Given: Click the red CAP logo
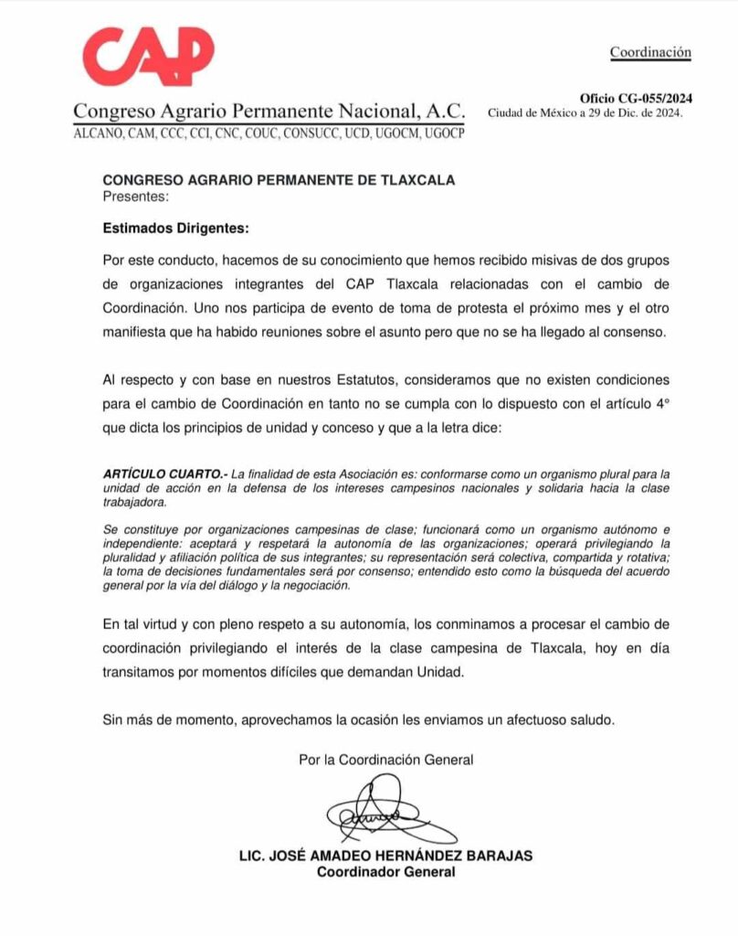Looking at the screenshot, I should click(148, 57).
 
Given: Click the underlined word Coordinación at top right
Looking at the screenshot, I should click(650, 52).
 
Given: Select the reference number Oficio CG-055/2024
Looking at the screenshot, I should click(636, 99).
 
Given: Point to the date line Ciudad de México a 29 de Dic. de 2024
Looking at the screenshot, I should click(585, 113).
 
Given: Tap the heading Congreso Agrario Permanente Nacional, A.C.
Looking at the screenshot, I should click(269, 112).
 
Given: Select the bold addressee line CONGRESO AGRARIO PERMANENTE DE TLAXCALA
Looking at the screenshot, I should click(279, 180).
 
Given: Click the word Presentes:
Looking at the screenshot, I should click(135, 195).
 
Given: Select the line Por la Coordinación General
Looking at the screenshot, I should click(385, 760).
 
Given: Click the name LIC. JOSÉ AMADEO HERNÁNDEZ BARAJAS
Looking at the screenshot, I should click(385, 856).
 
